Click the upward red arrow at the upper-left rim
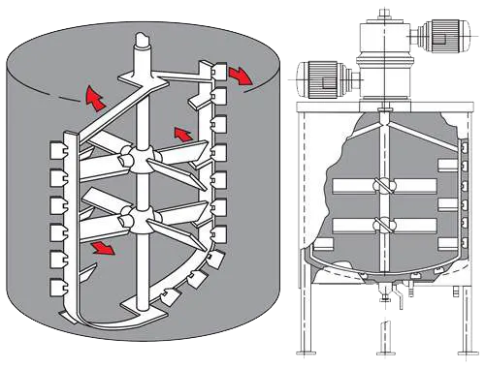94,96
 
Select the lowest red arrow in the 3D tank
100,250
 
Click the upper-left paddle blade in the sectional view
350,185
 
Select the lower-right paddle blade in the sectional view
417,226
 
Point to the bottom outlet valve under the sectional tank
385,297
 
